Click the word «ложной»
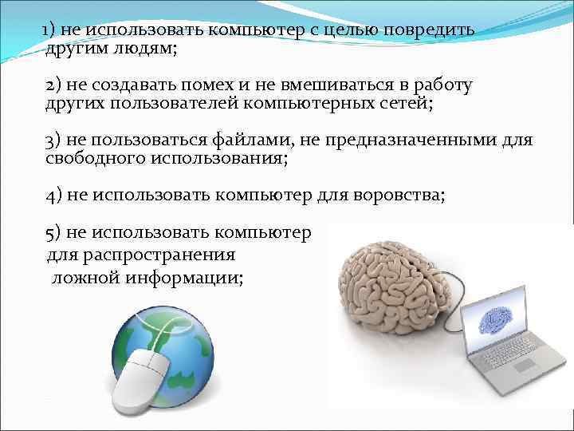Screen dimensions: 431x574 click(83, 277)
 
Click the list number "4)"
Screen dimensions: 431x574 click(54, 195)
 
